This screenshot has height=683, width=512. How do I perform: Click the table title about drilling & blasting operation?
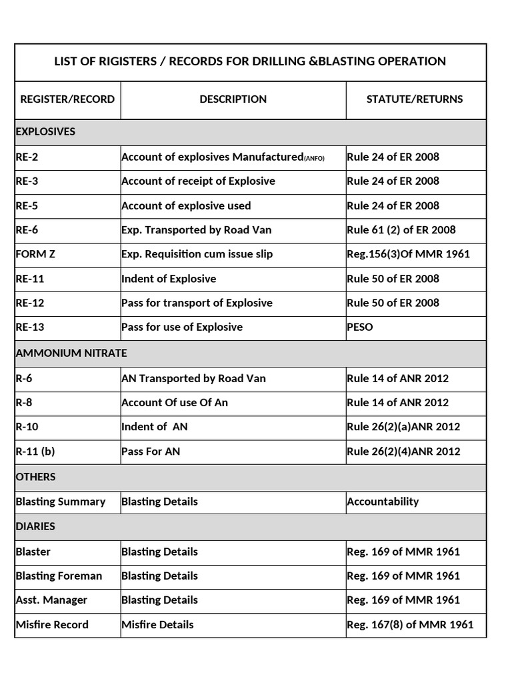[x=250, y=61]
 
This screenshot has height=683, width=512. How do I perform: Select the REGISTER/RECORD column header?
[x=67, y=99]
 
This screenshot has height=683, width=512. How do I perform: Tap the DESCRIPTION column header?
[x=233, y=99]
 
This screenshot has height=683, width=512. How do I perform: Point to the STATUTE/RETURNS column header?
[x=415, y=99]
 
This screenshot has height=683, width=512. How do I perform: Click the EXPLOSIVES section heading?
[x=45, y=131]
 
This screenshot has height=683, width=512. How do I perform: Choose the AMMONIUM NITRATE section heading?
[x=71, y=353]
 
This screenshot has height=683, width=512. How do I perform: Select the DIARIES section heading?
[x=35, y=526]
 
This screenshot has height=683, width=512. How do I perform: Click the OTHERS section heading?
[x=36, y=477]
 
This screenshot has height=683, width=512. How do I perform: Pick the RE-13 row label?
[x=30, y=327]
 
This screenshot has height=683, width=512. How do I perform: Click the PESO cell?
[x=360, y=327]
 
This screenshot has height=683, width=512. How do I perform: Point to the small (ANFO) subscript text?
[x=315, y=158]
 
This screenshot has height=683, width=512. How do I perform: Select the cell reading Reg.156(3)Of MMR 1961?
[x=408, y=254]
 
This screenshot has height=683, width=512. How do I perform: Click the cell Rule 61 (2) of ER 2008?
[x=401, y=229]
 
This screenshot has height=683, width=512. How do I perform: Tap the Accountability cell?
[x=383, y=502]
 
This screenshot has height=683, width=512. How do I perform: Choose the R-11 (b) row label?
[x=35, y=451]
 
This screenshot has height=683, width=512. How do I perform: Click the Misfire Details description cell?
[x=157, y=624]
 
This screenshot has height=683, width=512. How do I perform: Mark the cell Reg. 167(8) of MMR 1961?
[x=410, y=624]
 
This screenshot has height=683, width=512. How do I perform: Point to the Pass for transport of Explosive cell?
[x=197, y=303]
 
